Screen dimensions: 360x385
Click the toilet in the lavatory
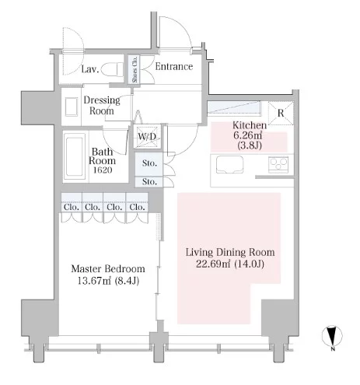click(112, 69)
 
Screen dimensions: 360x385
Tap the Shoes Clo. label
click(135, 69)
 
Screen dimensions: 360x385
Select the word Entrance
click(174, 67)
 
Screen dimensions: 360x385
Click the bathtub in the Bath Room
click(75, 156)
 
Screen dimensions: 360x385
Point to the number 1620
click(103, 170)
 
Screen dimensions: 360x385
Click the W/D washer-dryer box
click(147, 137)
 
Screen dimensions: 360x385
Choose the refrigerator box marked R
click(281, 114)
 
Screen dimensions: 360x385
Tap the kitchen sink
click(229, 165)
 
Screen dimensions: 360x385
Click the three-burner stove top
click(278, 164)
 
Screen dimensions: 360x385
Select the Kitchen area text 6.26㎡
click(248, 135)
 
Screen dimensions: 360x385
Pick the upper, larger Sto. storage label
click(149, 163)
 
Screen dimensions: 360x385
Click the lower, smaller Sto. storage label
click(149, 182)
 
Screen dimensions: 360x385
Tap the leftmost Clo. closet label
click(72, 207)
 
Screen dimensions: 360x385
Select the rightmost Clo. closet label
click(137, 207)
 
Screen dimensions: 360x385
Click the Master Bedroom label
click(108, 269)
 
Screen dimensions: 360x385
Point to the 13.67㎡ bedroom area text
click(94, 281)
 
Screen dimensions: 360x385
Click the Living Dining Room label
click(230, 252)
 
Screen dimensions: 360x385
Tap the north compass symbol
click(332, 336)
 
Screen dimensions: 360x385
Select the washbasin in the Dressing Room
click(72, 107)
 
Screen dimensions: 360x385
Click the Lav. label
click(90, 69)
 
